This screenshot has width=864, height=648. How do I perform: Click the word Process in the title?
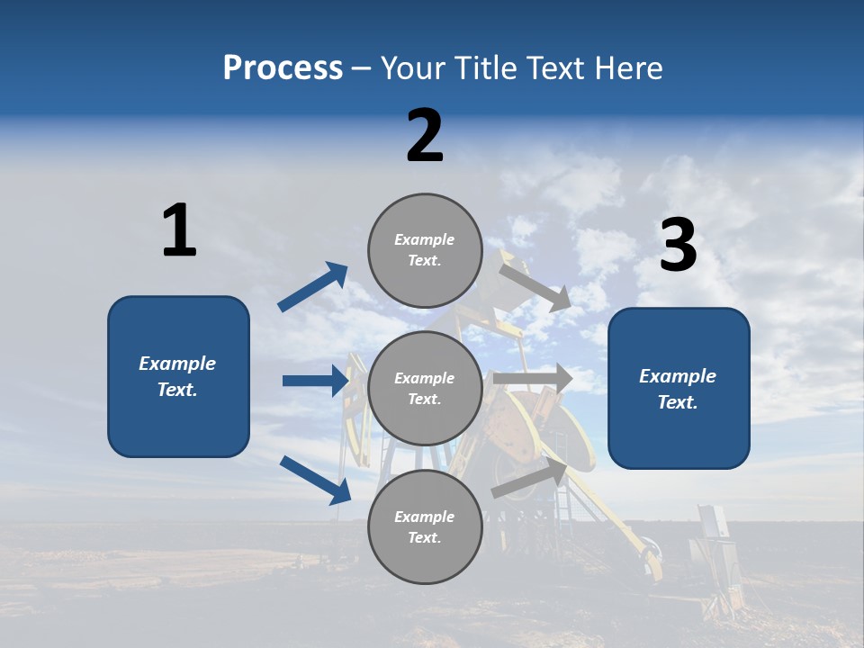click(283, 68)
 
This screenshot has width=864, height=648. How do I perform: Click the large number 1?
click(179, 230)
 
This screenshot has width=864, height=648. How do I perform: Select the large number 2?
click(425, 136)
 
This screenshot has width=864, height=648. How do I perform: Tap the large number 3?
click(678, 246)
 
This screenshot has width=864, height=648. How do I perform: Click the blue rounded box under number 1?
click(178, 376)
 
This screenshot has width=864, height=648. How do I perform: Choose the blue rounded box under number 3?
click(679, 388)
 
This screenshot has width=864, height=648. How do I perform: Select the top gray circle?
click(425, 249)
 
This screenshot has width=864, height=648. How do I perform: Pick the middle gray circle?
click(425, 388)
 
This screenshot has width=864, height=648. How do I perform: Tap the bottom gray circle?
click(425, 526)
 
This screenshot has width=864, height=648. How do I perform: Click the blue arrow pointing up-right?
click(313, 287)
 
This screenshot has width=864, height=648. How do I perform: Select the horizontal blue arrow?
click(316, 381)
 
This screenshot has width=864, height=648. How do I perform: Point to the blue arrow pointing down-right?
click(316, 480)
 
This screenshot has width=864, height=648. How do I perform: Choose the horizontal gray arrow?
click(533, 378)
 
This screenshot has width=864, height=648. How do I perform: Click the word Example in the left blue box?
click(177, 364)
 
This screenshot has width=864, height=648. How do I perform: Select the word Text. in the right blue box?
click(678, 402)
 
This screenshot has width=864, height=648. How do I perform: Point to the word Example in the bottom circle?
click(425, 517)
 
